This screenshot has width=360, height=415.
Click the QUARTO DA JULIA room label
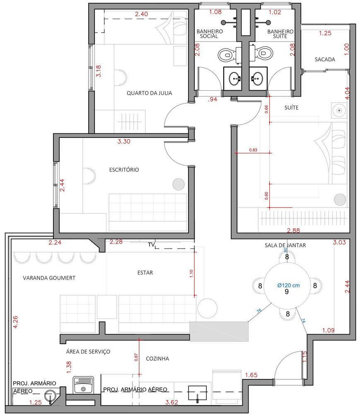click(x=149, y=93)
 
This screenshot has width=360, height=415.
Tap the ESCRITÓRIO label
click(x=124, y=170)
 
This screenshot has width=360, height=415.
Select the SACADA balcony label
click(x=325, y=60)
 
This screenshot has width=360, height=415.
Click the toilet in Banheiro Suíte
click(x=261, y=53)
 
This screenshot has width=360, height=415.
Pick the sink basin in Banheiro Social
click(x=235, y=79)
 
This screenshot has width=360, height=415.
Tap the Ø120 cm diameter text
click(x=288, y=285)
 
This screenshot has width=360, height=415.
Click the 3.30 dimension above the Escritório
click(x=124, y=141)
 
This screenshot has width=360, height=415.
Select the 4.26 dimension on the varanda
click(x=15, y=322)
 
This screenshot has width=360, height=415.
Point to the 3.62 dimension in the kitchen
click(x=172, y=402)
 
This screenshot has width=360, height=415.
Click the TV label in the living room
click(x=151, y=245)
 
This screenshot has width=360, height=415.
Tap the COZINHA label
click(x=157, y=359)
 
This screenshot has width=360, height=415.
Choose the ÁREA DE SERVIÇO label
click(x=88, y=352)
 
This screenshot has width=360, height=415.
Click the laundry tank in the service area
click(x=83, y=385)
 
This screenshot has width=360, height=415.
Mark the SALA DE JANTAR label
click(x=285, y=245)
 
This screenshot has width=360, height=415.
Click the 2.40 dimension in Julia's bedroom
click(x=141, y=14)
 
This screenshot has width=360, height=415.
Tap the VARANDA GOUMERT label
click(x=49, y=278)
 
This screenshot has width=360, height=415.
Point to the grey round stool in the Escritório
click(x=179, y=184)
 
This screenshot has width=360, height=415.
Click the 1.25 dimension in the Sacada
click(x=325, y=33)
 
